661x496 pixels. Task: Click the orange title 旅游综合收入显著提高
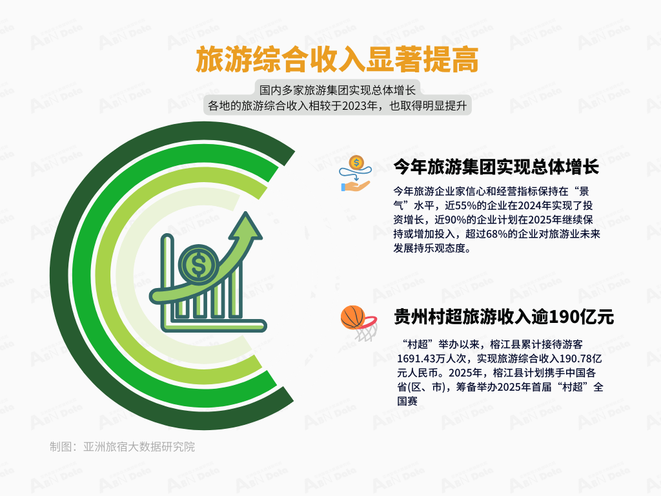click(337, 59)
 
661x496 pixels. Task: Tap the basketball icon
click(353, 317)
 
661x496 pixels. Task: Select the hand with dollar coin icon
click(356, 174)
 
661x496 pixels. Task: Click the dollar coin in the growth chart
click(198, 264)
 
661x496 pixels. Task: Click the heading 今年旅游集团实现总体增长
click(496, 167)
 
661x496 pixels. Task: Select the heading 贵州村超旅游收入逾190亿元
click(503, 316)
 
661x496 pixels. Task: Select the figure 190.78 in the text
click(575, 359)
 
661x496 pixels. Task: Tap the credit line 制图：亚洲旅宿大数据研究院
click(122, 447)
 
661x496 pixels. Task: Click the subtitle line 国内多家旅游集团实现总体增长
click(337, 90)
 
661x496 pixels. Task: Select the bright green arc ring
click(80, 276)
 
